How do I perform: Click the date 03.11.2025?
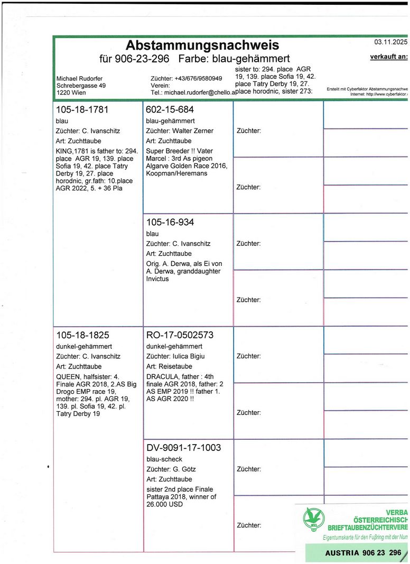[x=390, y=42]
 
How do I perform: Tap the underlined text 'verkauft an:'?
[x=389, y=57]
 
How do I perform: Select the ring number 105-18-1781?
[x=82, y=110]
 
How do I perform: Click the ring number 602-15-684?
[x=170, y=110]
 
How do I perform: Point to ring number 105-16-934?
[x=170, y=223]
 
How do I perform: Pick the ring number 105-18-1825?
[x=82, y=335]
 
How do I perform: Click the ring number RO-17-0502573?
[x=180, y=335]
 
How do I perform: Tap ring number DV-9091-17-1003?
[x=183, y=448]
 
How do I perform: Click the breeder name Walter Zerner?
[x=193, y=131]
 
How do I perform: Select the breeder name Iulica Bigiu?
[x=190, y=356]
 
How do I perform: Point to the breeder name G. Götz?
[x=184, y=469]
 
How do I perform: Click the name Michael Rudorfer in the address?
[x=79, y=79]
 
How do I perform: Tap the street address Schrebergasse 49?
[x=81, y=86]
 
